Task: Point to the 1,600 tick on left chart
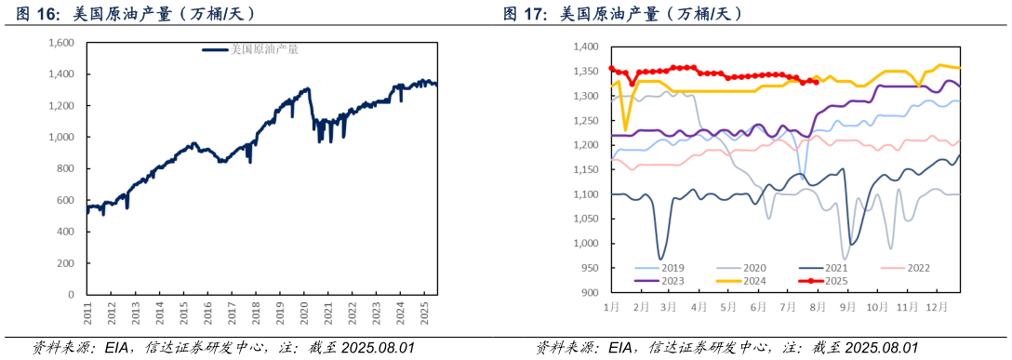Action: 60,43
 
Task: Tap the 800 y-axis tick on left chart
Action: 66,168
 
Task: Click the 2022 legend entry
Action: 915,268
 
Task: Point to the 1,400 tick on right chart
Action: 585,47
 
